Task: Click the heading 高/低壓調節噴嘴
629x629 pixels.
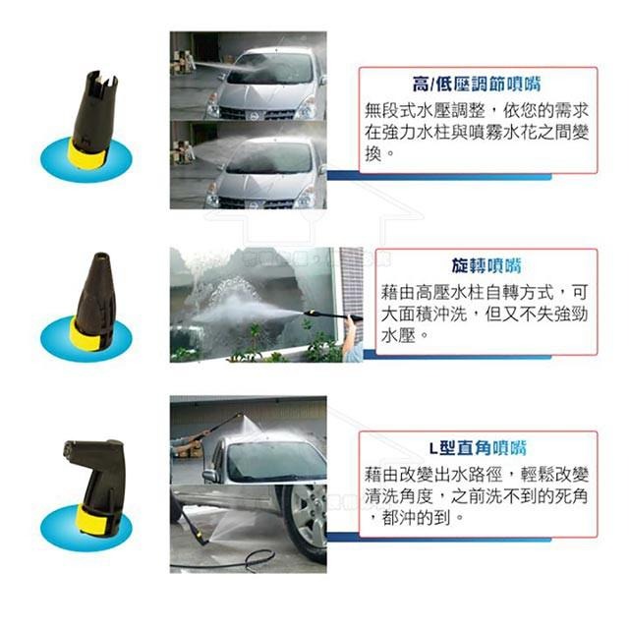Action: [x=478, y=85]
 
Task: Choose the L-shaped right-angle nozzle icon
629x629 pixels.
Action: [x=96, y=482]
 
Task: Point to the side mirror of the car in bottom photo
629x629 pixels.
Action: [x=210, y=474]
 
